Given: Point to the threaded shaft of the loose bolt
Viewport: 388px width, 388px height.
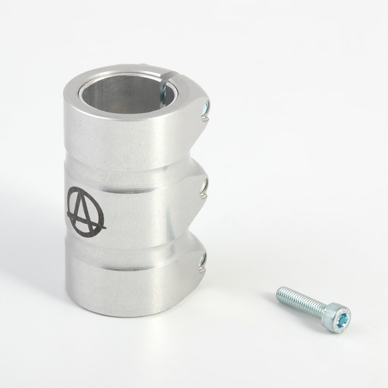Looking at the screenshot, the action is (301, 302).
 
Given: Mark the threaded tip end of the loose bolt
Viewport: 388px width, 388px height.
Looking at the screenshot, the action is (279, 293).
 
